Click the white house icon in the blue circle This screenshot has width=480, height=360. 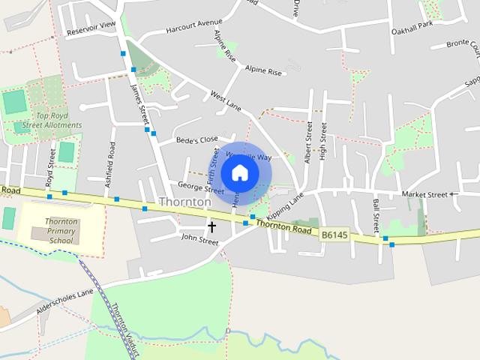[239, 172]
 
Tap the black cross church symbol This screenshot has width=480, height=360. [211, 226]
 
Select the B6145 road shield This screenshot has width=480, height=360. [334, 235]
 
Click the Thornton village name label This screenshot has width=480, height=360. [185, 202]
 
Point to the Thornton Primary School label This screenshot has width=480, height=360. [61, 231]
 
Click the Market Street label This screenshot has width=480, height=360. [424, 194]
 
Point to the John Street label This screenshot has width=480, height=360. [199, 241]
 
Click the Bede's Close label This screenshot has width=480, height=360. [196, 139]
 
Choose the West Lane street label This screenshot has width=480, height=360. [225, 101]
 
